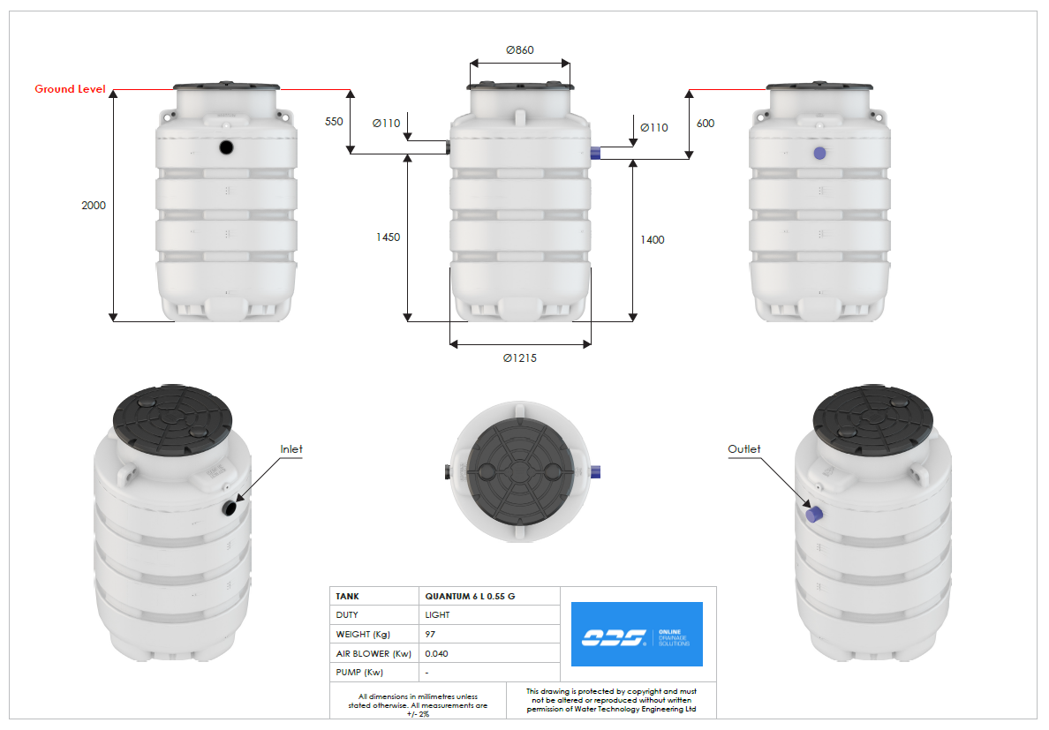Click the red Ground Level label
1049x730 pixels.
70,89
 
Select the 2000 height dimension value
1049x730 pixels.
94,206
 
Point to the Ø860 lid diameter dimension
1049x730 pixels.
519,50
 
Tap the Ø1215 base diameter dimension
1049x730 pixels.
520,357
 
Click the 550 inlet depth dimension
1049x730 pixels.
334,122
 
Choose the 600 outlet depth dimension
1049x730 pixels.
705,124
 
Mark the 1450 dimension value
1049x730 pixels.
388,237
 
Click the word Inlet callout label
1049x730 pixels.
291,449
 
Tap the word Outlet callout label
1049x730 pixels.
743,449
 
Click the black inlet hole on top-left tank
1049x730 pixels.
226,147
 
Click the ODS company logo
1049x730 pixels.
637,635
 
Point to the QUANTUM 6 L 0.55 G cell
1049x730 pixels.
470,597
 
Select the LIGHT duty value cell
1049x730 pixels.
437,615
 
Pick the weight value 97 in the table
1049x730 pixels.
430,635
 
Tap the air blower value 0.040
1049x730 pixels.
435,654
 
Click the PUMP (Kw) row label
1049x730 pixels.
359,673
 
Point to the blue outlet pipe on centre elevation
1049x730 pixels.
596,153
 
